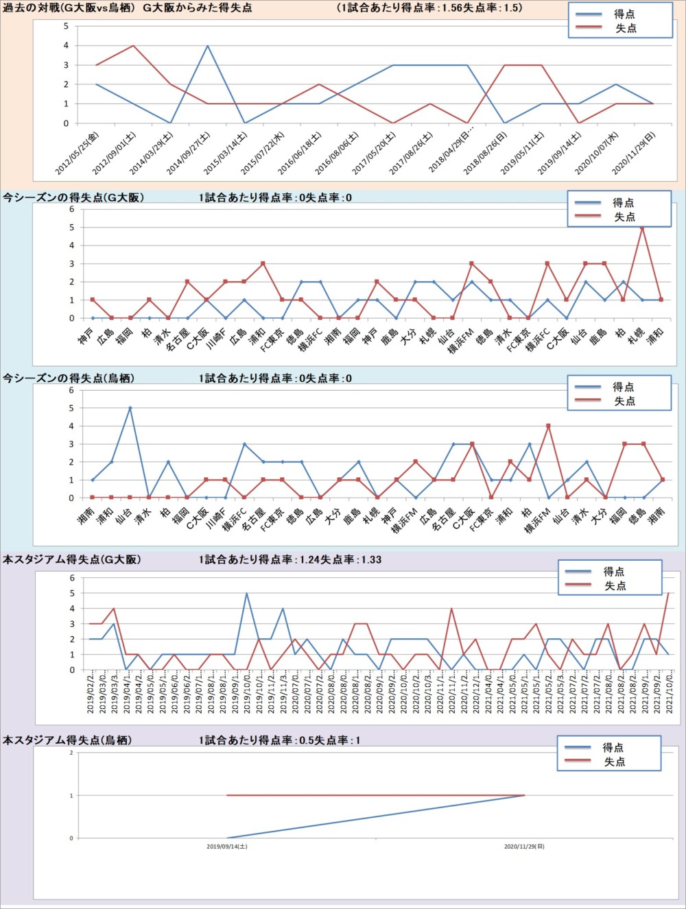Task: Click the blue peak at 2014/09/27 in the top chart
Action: pos(207,46)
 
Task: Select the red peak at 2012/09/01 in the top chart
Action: pos(133,46)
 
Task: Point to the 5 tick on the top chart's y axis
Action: pos(66,26)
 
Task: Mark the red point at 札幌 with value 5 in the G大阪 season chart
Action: pos(642,228)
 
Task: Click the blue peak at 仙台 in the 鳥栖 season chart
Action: pos(130,408)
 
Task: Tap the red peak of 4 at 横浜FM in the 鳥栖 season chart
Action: pos(548,426)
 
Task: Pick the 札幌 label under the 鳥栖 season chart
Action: pos(372,516)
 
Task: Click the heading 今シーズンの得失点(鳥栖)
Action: pos(69,378)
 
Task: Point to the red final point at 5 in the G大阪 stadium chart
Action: pos(668,593)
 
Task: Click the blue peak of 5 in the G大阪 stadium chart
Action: pos(246,593)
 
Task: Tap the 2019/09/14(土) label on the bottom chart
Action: pos(227,847)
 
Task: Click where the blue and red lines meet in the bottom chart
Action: pos(525,795)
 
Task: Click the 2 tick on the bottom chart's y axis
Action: pos(71,753)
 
